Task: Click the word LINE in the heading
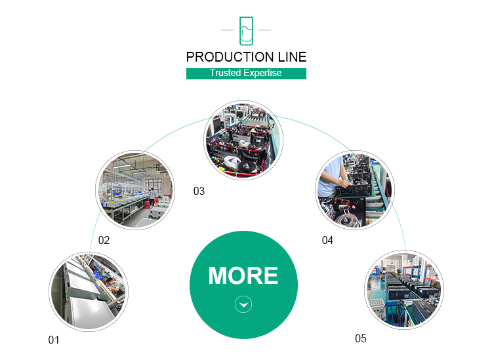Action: pyautogui.click(x=292, y=57)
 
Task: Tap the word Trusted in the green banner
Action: pyautogui.click(x=225, y=73)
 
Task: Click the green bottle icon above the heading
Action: pyautogui.click(x=246, y=31)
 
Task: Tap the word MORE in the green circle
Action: pyautogui.click(x=243, y=276)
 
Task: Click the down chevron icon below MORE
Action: pyautogui.click(x=243, y=304)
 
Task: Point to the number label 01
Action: pyautogui.click(x=54, y=340)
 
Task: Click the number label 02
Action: pyautogui.click(x=104, y=240)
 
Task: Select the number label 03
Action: pyautogui.click(x=199, y=191)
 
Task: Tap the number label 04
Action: pyautogui.click(x=327, y=240)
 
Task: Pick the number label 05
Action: pyautogui.click(x=361, y=338)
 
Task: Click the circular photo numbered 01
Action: pyautogui.click(x=89, y=292)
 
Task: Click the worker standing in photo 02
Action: pyautogui.click(x=152, y=197)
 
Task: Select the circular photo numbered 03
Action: pyautogui.click(x=243, y=140)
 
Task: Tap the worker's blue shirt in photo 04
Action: pyautogui.click(x=329, y=179)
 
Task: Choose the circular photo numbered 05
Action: pyautogui.click(x=404, y=290)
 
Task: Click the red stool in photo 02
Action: pyautogui.click(x=146, y=205)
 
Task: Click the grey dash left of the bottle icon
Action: pyautogui.click(x=227, y=30)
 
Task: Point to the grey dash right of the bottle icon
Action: pyautogui.click(x=264, y=30)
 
